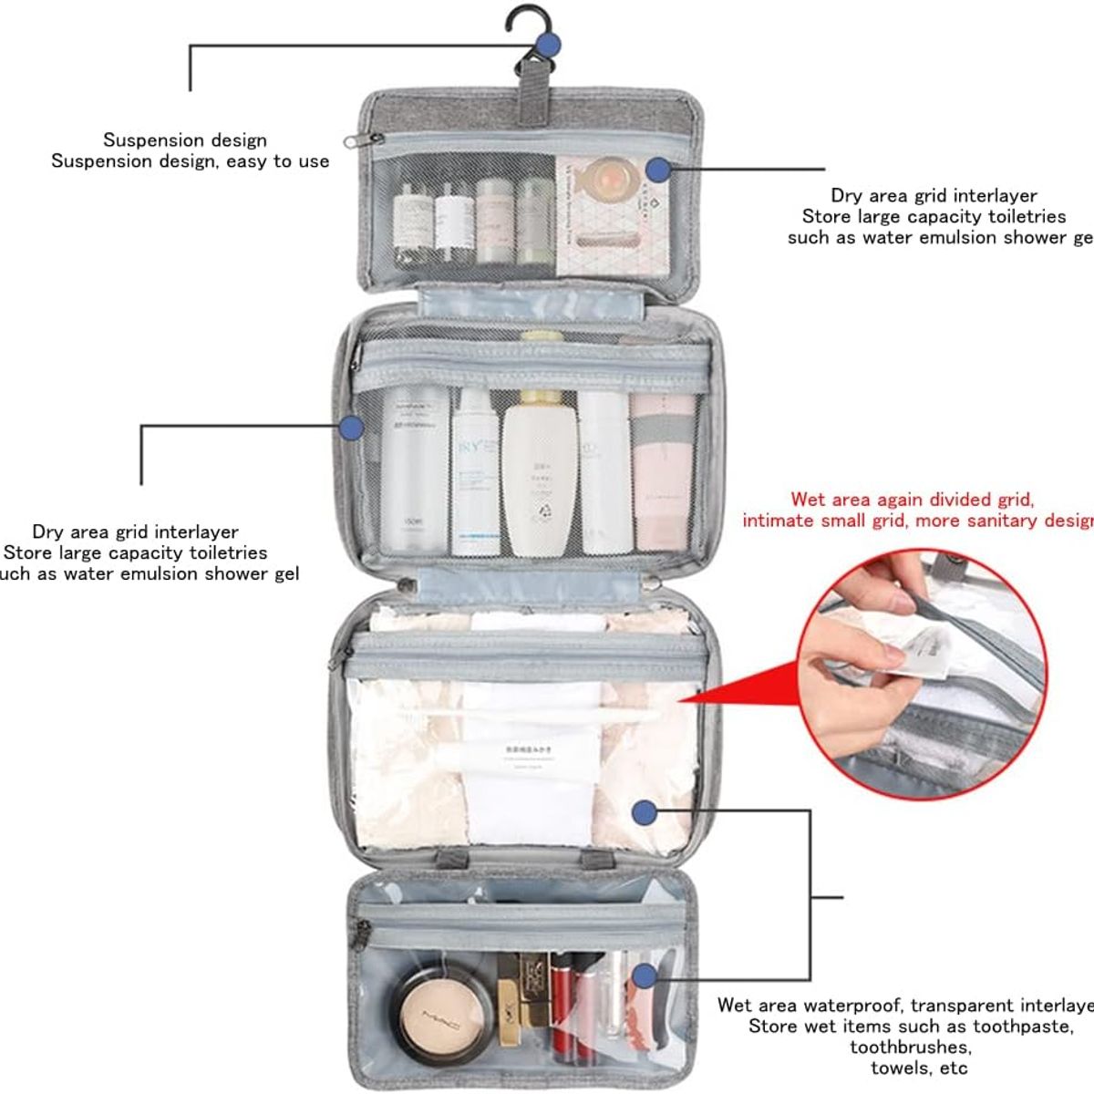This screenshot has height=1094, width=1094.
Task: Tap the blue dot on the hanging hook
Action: pyautogui.click(x=549, y=43)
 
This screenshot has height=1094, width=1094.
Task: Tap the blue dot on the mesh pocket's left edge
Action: pyautogui.click(x=351, y=427)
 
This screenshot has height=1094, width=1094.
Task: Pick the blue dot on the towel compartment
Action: pyautogui.click(x=645, y=810)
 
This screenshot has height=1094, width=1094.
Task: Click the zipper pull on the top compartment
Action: pyautogui.click(x=373, y=139)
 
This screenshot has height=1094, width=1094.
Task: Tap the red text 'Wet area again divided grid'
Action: pyautogui.click(x=911, y=500)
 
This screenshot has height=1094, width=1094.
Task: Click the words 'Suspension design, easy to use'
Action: pyautogui.click(x=191, y=161)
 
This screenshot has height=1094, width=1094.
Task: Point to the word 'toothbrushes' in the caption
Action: pyautogui.click(x=910, y=1048)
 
